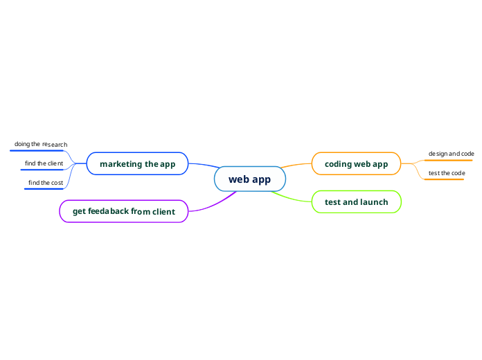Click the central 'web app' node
click(x=249, y=179)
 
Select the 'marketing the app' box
click(x=137, y=164)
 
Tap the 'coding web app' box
click(x=356, y=164)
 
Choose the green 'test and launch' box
click(x=356, y=202)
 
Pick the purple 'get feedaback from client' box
click(x=124, y=211)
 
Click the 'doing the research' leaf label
click(x=41, y=144)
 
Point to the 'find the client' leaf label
click(x=44, y=163)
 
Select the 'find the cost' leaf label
click(x=45, y=183)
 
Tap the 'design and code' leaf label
click(x=451, y=154)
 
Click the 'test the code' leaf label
click(x=446, y=172)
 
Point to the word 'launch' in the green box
click(x=373, y=202)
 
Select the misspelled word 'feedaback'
click(x=109, y=211)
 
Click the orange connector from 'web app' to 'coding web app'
click(x=296, y=165)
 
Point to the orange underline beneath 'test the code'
click(x=444, y=179)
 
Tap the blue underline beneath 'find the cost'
click(x=44, y=188)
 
